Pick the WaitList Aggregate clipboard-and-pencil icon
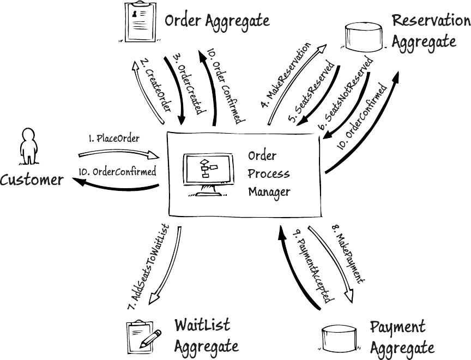tap(143, 334)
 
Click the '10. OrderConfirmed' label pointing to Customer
tap(117, 171)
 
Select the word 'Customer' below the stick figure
tap(32, 180)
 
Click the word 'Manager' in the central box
tap(269, 191)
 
